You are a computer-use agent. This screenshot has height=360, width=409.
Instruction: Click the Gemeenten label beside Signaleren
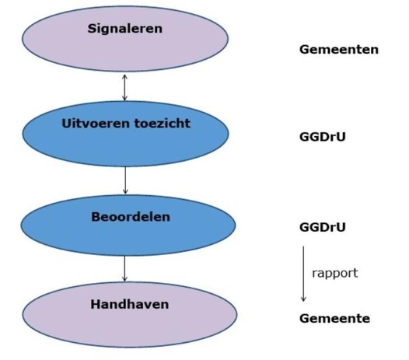pyautogui.click(x=338, y=49)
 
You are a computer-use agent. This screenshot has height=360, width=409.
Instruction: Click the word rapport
pyautogui.click(x=334, y=273)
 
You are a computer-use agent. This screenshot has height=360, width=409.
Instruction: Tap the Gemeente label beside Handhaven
pyautogui.click(x=334, y=319)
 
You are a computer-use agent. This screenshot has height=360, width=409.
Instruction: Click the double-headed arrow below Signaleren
pyautogui.click(x=124, y=87)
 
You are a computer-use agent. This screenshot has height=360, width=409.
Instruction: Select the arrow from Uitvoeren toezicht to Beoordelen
pyautogui.click(x=124, y=180)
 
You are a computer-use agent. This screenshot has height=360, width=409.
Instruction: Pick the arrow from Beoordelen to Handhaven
pyautogui.click(x=124, y=269)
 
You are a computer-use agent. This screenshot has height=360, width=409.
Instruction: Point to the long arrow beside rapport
pyautogui.click(x=303, y=273)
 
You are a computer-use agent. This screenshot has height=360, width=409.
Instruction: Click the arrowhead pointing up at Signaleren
pyautogui.click(x=124, y=76)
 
